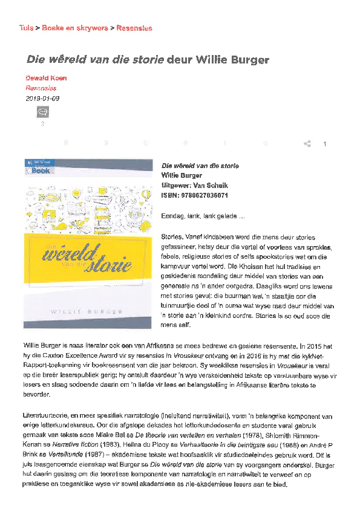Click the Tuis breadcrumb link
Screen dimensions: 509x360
coord(26,28)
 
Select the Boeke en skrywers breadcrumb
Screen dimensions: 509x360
coord(75,28)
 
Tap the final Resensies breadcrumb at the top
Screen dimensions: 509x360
coord(134,28)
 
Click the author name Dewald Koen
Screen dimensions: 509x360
coord(46,78)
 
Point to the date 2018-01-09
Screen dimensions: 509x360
coord(42,98)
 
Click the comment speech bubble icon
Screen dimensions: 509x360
coord(42,112)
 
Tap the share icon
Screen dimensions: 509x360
coord(307,144)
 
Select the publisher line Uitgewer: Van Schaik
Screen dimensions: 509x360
coord(194,185)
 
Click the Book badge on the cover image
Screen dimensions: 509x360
coord(41,170)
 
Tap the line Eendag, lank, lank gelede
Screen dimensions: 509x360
coord(203,216)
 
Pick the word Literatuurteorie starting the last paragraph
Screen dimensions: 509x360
coord(47,417)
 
